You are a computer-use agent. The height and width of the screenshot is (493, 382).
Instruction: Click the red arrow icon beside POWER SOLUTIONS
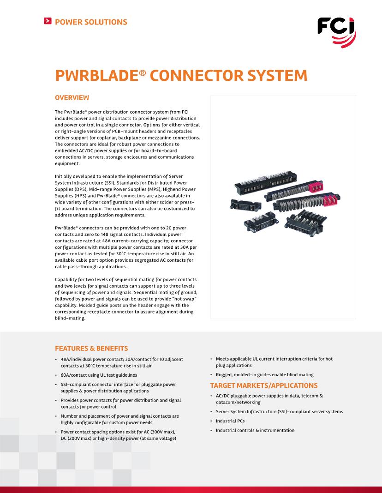point(47,21)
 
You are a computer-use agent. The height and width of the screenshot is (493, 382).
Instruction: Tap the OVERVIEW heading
point(72,98)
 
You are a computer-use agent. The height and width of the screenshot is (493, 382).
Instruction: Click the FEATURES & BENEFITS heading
point(91,349)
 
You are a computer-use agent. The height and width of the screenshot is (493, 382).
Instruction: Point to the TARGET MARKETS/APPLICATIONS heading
point(264,385)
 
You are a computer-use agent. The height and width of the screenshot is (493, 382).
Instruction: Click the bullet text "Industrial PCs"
point(230,421)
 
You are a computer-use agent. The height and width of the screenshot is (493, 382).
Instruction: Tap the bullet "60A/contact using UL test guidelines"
point(99,375)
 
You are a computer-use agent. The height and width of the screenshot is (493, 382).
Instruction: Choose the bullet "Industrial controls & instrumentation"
point(255,430)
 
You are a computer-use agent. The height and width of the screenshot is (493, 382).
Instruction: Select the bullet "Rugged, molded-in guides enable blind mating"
point(264,375)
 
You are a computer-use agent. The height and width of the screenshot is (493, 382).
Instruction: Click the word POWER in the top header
point(70,22)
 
